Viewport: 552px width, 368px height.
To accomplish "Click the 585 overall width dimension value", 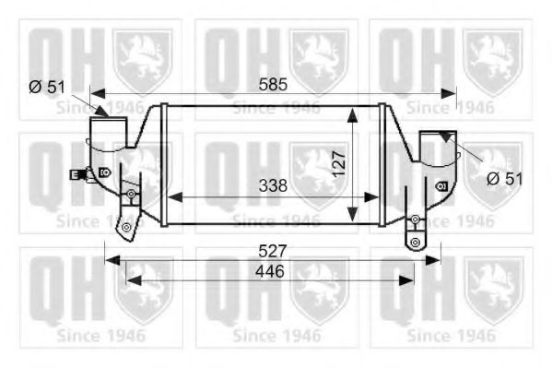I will tap(274, 84).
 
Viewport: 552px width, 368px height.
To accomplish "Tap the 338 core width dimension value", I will tap(273, 185).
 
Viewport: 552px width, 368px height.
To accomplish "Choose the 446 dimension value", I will tap(268, 271).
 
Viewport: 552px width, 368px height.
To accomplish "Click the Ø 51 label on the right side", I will tap(504, 178).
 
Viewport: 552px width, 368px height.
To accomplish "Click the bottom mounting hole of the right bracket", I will tap(416, 242).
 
